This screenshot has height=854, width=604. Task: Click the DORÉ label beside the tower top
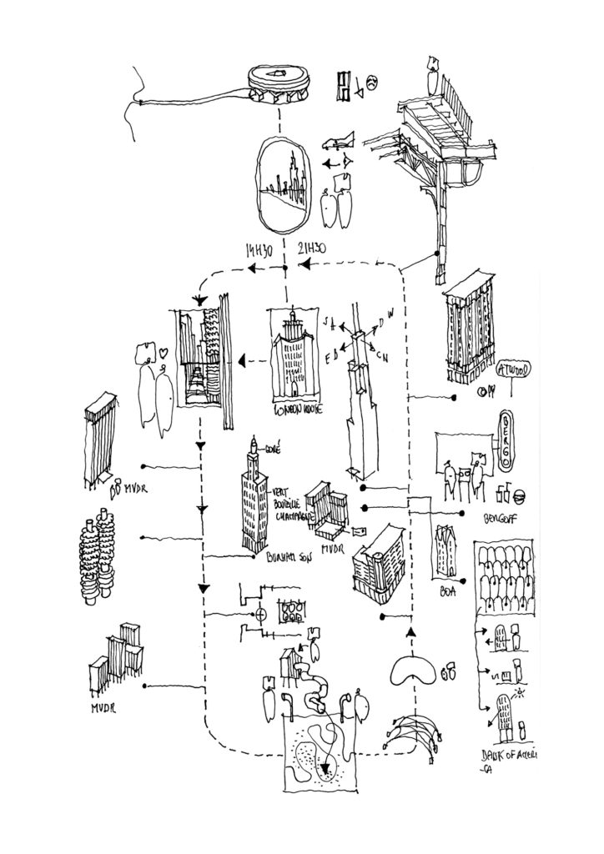click(x=273, y=447)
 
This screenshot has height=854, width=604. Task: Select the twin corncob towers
click(x=96, y=555)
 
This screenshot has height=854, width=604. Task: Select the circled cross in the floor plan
click(x=260, y=615)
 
